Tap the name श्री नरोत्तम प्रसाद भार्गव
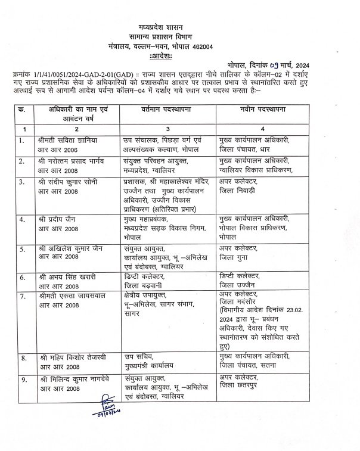click(x=75, y=161)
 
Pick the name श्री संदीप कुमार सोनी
click(x=72, y=182)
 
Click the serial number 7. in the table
click(x=21, y=296)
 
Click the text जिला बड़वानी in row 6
click(x=142, y=285)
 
